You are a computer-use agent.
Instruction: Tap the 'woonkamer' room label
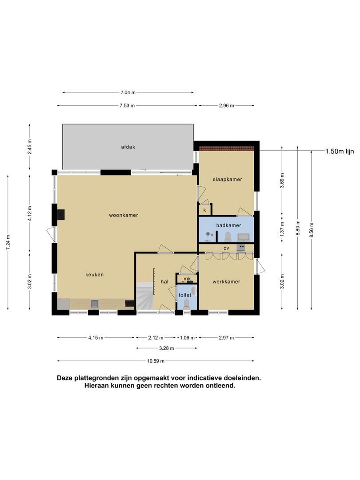pyautogui.click(x=124, y=215)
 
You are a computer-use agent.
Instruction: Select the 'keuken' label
pyautogui.click(x=94, y=275)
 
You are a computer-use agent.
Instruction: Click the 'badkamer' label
pyautogui.click(x=228, y=226)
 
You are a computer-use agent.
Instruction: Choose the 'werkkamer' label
pyautogui.click(x=226, y=282)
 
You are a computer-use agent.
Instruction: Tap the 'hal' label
pyautogui.click(x=164, y=282)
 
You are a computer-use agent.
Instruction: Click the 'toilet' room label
pyautogui.click(x=184, y=295)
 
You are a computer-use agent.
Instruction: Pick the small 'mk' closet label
pyautogui.click(x=187, y=279)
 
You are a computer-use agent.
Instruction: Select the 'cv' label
pyautogui.click(x=226, y=248)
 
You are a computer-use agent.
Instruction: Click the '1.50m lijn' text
pyautogui.click(x=339, y=152)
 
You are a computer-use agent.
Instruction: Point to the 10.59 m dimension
pyautogui.click(x=156, y=361)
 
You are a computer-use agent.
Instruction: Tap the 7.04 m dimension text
pyautogui.click(x=128, y=92)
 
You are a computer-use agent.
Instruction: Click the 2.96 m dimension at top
pyautogui.click(x=226, y=106)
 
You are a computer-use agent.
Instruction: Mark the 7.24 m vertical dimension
pyautogui.click(x=8, y=242)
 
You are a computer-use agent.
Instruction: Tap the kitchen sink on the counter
pyautogui.click(x=95, y=304)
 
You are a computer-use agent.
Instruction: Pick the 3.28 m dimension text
pyautogui.click(x=167, y=348)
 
